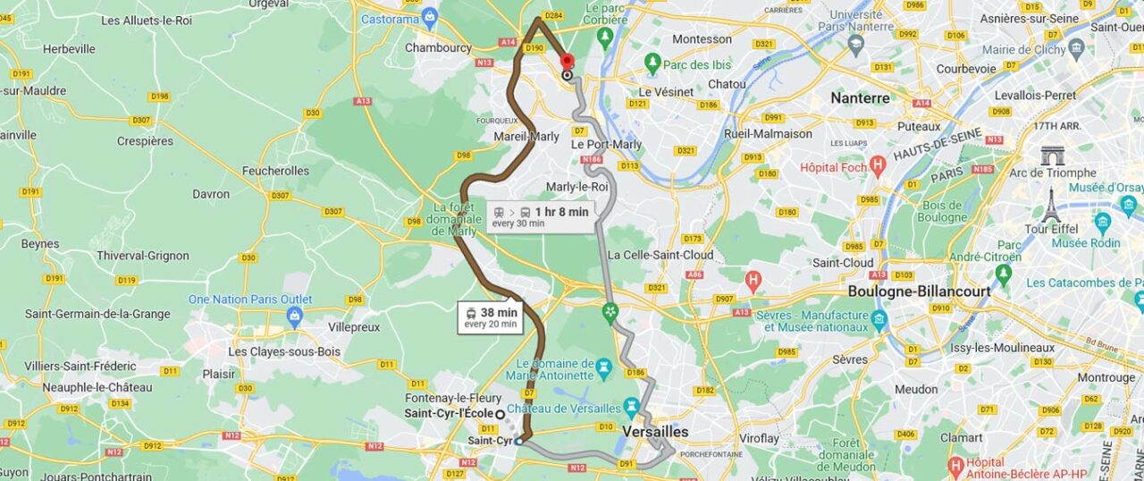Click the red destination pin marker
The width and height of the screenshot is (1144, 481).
(567, 62)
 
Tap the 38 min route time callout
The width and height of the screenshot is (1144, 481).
(490, 317)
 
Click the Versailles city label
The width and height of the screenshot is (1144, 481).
(656, 432)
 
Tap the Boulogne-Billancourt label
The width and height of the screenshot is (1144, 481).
(920, 291)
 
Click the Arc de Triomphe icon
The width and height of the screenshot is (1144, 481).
(1053, 156)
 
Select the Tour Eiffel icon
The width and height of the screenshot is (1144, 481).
(1051, 206)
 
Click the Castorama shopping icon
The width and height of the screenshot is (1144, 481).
(430, 17)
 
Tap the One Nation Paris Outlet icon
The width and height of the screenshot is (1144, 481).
(295, 316)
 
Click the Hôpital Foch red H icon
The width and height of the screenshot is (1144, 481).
(878, 166)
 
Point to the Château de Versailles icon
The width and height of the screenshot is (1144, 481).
(632, 409)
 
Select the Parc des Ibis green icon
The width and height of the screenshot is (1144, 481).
(652, 63)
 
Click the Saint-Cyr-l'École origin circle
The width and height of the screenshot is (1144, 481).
(500, 414)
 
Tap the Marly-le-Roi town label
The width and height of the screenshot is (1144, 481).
(583, 187)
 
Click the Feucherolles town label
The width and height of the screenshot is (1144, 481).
(275, 171)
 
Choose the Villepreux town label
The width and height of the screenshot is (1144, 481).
(354, 327)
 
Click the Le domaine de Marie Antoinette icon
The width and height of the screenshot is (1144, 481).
(603, 367)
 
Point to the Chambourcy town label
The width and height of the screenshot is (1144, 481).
(438, 47)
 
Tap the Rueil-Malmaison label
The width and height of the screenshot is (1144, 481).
(768, 134)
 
